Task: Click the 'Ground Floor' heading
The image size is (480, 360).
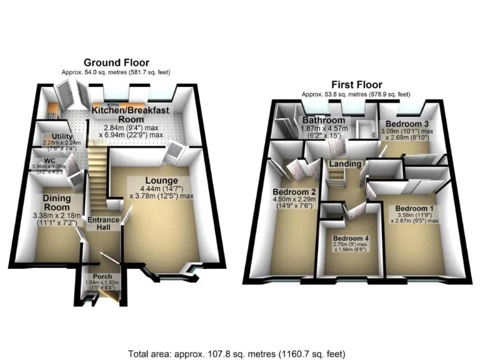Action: point(117,62)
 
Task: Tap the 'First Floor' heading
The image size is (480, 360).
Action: point(356,85)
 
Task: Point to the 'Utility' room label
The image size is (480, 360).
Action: point(62,136)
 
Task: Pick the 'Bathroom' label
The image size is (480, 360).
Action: point(324,120)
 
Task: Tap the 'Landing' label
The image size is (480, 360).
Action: point(346,164)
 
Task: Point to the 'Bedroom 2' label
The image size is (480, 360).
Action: point(294,192)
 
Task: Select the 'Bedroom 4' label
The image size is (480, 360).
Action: point(351,239)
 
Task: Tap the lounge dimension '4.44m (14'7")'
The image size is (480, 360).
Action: point(160,188)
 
